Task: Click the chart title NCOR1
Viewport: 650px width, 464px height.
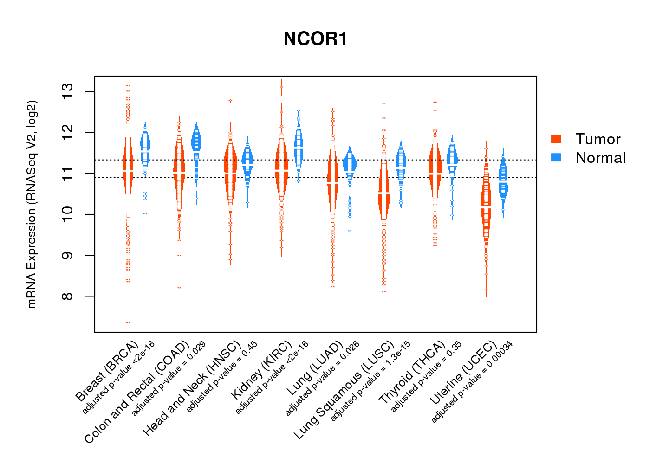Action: [x=315, y=39]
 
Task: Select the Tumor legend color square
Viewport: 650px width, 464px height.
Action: [x=556, y=139]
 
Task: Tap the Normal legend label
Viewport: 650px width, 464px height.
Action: [x=600, y=158]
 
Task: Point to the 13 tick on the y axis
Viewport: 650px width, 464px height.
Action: [x=68, y=92]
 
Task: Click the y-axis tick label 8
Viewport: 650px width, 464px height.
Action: [x=68, y=296]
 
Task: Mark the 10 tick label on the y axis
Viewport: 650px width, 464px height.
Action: [x=68, y=214]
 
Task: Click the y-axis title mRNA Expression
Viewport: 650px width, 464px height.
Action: [x=32, y=204]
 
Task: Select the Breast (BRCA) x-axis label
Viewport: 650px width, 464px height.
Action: [x=107, y=371]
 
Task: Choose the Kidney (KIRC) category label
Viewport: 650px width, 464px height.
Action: [x=262, y=370]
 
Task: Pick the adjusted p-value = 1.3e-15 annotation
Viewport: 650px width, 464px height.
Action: [x=370, y=381]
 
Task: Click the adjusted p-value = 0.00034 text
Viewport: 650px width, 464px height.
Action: [x=472, y=382]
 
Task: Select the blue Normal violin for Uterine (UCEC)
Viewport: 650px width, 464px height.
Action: [x=503, y=181]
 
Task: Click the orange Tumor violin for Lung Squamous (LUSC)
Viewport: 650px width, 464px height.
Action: [x=383, y=195]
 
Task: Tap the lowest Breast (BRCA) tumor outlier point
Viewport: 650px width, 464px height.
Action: [x=128, y=322]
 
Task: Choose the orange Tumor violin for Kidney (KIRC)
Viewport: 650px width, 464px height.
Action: [x=281, y=167]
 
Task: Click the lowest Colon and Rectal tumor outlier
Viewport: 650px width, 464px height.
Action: [x=179, y=288]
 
